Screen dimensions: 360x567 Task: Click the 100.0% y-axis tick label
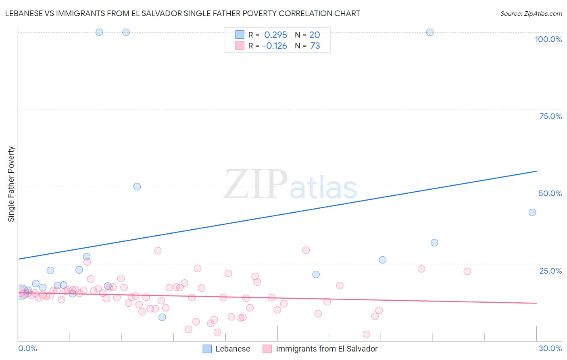(548, 39)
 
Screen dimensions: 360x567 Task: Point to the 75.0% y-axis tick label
(550, 116)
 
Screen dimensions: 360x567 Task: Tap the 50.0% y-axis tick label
(550, 193)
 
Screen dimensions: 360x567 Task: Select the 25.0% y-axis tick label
(550, 271)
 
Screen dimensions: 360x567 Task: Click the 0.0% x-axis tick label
(27, 348)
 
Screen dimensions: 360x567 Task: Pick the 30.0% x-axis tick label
(550, 348)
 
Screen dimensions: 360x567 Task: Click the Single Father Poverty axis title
(11, 184)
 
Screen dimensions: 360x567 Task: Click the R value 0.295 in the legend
(275, 35)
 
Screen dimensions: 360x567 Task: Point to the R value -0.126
(275, 46)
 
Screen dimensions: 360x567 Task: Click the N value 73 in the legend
(315, 46)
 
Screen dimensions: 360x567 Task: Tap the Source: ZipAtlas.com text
(531, 14)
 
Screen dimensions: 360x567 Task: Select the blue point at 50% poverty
(137, 186)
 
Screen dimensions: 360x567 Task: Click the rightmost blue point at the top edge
(430, 32)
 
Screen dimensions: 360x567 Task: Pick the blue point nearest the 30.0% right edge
(532, 212)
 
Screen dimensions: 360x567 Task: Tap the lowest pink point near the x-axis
(367, 334)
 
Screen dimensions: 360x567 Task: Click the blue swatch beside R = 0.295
(240, 35)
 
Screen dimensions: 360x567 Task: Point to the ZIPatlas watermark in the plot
(290, 185)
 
